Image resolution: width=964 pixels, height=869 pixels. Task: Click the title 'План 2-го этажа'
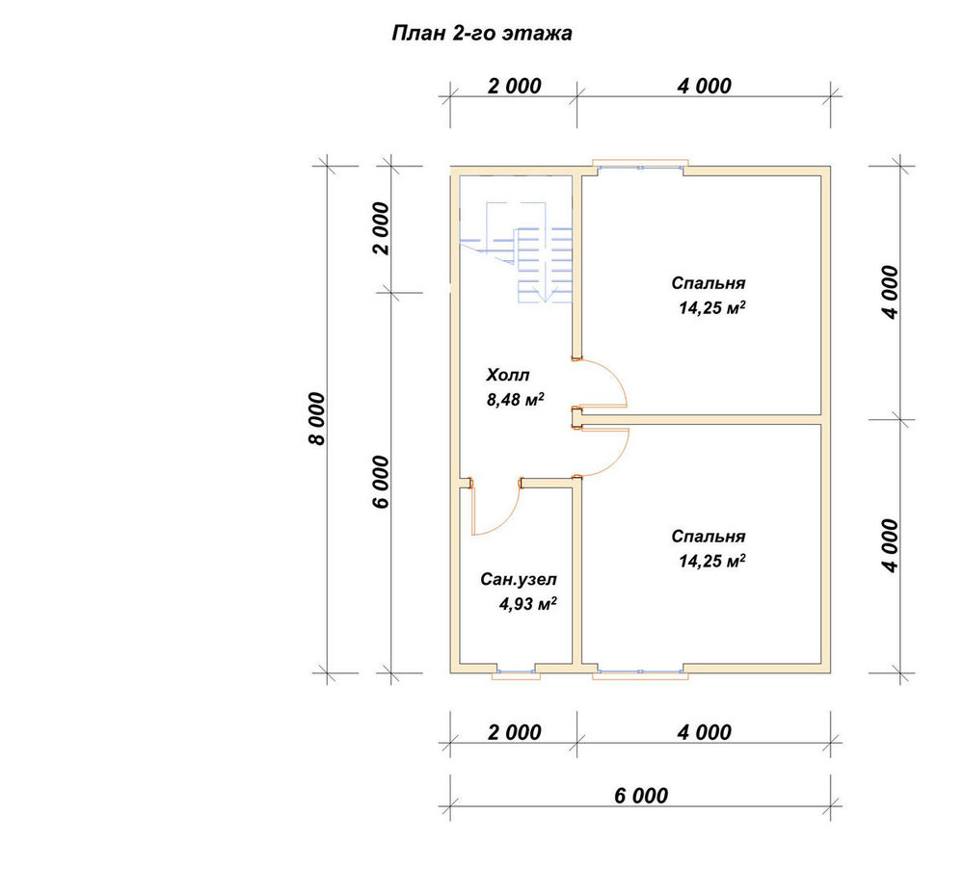click(x=482, y=33)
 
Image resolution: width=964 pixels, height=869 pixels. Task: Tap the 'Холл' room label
click(x=508, y=375)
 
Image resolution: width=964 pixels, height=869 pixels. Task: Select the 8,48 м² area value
click(x=515, y=400)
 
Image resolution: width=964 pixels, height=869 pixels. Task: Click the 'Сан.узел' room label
click(x=519, y=580)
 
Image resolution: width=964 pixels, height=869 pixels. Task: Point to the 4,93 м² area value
click(x=527, y=605)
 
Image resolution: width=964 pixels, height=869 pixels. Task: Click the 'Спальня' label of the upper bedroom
click(x=709, y=283)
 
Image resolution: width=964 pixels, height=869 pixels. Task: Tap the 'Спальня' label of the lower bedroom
click(x=709, y=537)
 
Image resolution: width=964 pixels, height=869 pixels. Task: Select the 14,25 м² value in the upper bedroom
click(x=712, y=308)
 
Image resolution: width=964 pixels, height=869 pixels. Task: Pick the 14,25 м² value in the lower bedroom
click(x=712, y=561)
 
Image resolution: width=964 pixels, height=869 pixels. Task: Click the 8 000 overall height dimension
click(x=317, y=419)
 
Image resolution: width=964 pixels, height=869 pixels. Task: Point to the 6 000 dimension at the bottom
click(x=641, y=796)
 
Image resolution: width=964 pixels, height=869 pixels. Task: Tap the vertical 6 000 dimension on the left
click(x=382, y=482)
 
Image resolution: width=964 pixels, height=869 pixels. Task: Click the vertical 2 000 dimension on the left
click(x=382, y=228)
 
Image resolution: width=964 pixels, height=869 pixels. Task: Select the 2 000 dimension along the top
click(x=515, y=86)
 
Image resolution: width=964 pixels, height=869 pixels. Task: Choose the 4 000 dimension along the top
click(x=705, y=86)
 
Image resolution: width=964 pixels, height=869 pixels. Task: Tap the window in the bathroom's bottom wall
click(x=517, y=673)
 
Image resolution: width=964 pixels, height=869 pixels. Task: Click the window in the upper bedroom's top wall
click(x=640, y=165)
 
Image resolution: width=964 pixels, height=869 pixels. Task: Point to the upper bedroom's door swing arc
click(x=618, y=378)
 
